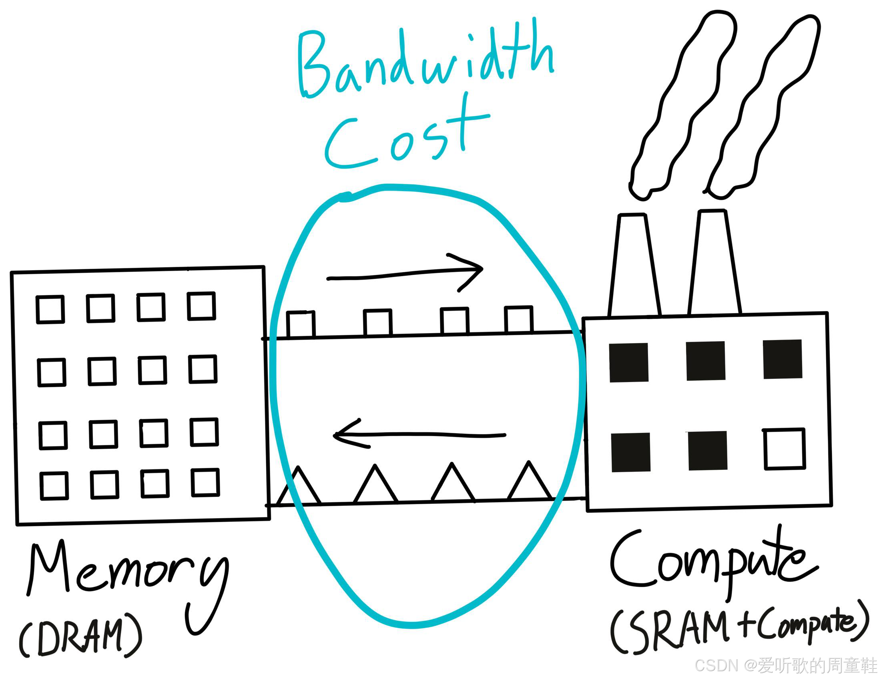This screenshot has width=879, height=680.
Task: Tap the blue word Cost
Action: point(407,135)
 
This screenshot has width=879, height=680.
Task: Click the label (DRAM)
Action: point(80,636)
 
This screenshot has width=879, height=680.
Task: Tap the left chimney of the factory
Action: point(635,266)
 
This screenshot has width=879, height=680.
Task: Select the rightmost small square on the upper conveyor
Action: point(519,320)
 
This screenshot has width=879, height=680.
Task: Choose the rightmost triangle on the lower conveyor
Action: point(529,483)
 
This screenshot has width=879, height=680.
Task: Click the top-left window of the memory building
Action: point(50,310)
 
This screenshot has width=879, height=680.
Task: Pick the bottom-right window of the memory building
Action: point(205,482)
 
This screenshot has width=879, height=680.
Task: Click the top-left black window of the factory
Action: point(629,362)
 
